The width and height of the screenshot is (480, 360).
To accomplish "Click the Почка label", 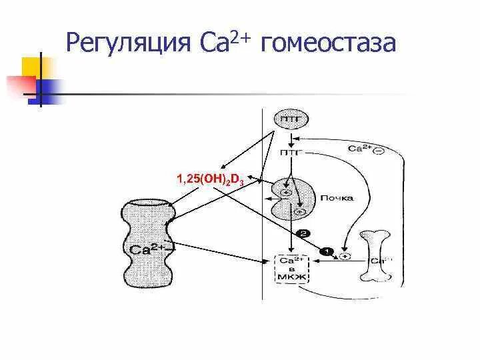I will pos(337,198).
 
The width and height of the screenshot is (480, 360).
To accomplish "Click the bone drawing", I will pos(377,257).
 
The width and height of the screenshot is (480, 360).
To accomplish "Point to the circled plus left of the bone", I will pos(345,256).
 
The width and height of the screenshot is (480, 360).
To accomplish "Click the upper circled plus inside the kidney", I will pos(286,193).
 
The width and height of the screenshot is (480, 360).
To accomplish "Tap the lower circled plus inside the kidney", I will pos(299,211).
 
